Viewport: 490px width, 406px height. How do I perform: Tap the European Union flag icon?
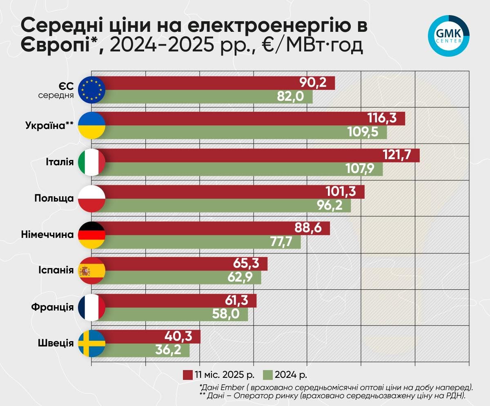pyautogui.click(x=91, y=90)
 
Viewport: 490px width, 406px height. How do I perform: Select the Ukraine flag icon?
pyautogui.click(x=91, y=125)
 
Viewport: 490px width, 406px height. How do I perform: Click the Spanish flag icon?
pyautogui.click(x=91, y=271)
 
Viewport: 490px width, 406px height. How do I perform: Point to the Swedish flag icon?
pyautogui.click(x=91, y=343)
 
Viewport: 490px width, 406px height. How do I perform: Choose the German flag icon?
pyautogui.click(x=91, y=235)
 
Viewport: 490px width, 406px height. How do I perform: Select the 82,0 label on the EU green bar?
pyautogui.click(x=291, y=96)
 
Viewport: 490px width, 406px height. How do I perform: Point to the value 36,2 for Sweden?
pyautogui.click(x=168, y=350)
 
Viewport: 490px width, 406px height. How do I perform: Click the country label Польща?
pyautogui.click(x=54, y=198)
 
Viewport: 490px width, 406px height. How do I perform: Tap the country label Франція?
pyautogui.click(x=52, y=307)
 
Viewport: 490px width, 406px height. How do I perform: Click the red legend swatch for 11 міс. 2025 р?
pyautogui.click(x=188, y=375)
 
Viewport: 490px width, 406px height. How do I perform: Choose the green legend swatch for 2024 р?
pyautogui.click(x=268, y=375)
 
